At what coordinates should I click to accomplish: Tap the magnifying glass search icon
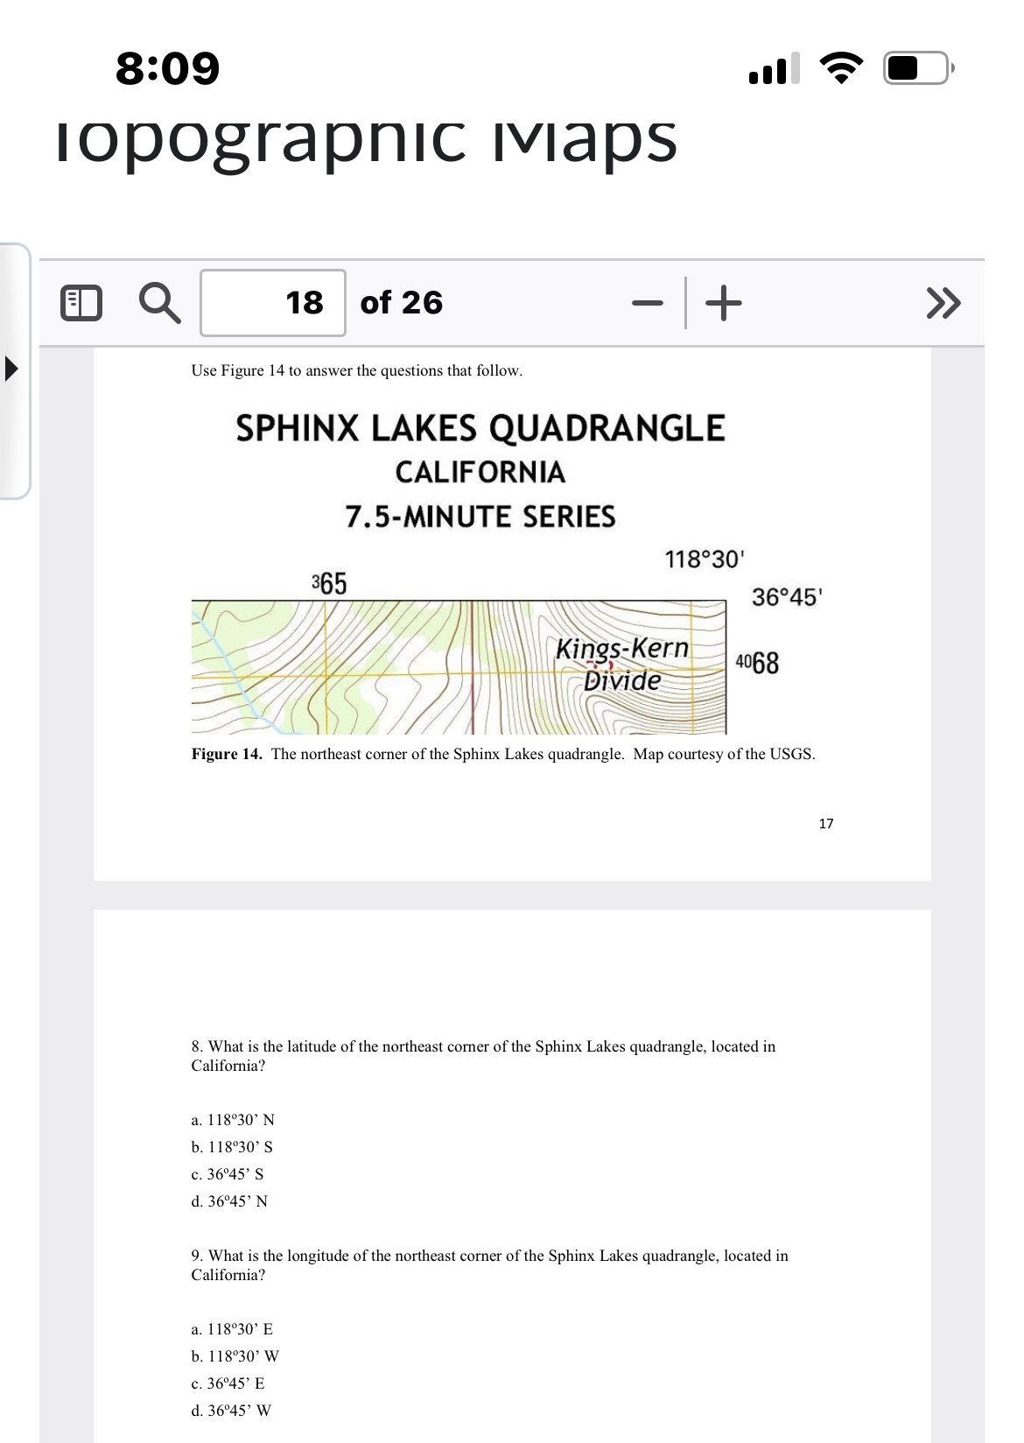160,304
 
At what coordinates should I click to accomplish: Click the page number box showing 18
273,303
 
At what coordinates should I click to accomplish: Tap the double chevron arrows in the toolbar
943,303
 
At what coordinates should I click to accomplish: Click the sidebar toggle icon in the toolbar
81,304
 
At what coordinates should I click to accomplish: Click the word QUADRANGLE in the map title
607,428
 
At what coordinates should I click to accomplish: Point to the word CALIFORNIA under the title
480,472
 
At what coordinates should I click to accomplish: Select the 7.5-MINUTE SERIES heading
480,517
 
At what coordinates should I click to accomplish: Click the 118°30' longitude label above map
704,559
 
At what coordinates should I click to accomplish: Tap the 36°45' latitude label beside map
786,597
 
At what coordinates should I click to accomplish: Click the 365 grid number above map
329,582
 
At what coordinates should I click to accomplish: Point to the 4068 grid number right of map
757,663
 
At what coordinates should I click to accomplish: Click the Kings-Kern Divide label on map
622,664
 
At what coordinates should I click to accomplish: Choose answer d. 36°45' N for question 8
229,1201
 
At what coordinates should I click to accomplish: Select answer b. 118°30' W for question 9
235,1356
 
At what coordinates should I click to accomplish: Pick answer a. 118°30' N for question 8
233,1120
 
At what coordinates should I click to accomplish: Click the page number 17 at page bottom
825,823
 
